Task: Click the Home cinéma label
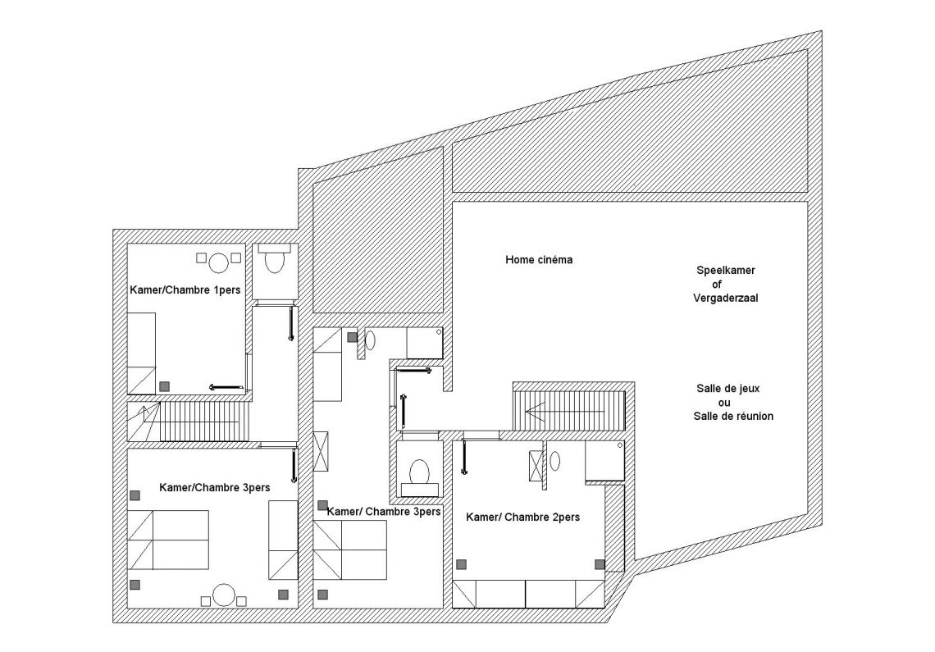point(539,259)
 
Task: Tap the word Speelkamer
point(726,270)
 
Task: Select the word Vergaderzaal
point(726,298)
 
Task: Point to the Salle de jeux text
point(728,389)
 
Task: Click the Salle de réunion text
point(733,417)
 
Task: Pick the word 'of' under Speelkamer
point(717,284)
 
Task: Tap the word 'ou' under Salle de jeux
point(724,403)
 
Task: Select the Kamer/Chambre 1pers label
point(185,290)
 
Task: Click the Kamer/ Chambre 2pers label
point(523,517)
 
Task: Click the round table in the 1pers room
point(220,262)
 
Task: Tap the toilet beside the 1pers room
point(274,261)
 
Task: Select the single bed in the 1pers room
point(141,353)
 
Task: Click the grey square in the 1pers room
point(165,386)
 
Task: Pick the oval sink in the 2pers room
point(555,461)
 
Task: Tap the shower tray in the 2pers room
point(604,461)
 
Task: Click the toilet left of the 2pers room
point(420,472)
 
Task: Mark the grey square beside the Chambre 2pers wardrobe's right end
point(600,564)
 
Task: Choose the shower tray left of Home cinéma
point(425,343)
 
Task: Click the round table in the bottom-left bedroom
point(224,595)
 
